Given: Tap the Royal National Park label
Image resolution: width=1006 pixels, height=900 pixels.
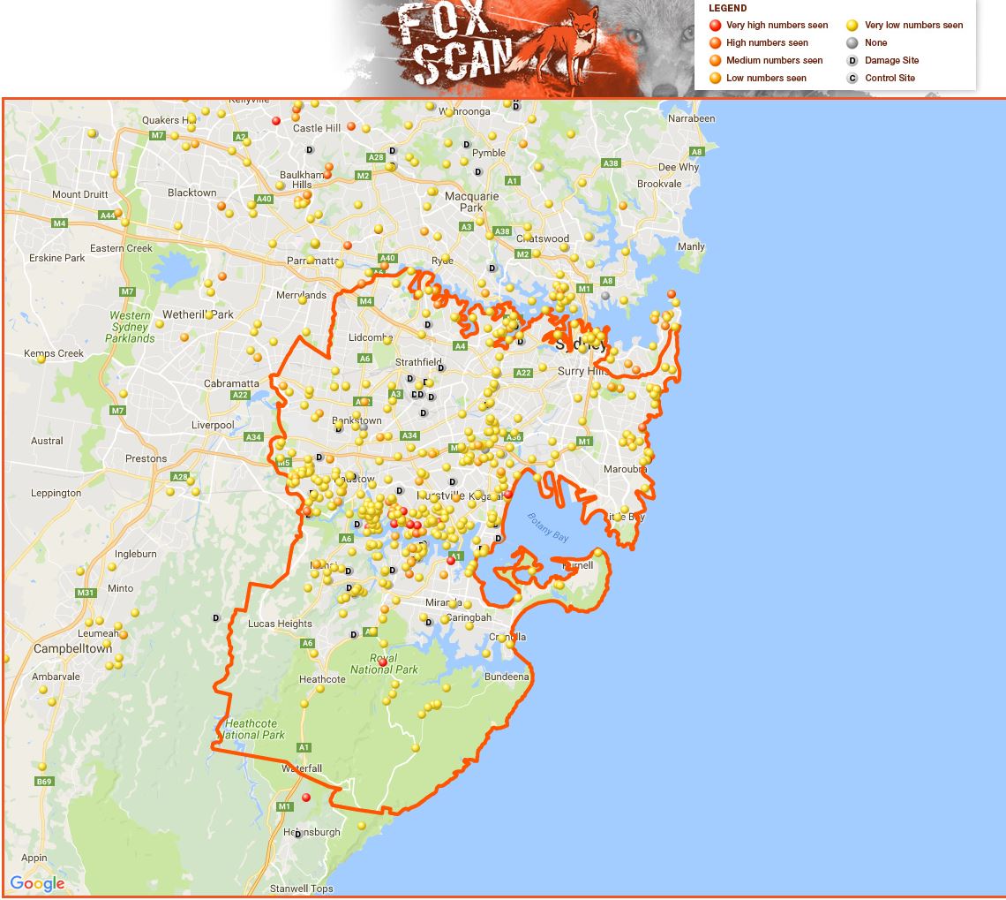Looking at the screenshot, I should point(384,663).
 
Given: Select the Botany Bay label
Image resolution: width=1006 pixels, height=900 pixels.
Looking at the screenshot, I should point(548,527).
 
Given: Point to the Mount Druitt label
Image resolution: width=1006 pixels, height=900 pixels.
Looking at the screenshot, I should point(79,194).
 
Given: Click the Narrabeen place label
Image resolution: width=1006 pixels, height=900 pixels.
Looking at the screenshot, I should point(692,118).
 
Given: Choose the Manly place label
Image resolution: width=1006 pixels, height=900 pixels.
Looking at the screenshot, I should point(691,246).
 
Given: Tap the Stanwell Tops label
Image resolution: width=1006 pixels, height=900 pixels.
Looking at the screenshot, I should point(302,889).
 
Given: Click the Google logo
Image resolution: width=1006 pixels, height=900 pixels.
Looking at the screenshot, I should point(37,883).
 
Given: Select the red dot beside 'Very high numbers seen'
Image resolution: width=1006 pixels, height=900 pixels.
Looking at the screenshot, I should point(715,26).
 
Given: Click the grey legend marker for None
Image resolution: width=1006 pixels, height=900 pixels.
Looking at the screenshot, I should point(852,42).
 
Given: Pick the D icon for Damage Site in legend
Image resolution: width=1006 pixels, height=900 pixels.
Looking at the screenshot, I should point(852,60).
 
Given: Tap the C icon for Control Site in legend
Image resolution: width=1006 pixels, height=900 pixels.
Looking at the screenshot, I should point(852,78).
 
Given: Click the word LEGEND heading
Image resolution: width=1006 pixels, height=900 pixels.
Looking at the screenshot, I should point(727,8).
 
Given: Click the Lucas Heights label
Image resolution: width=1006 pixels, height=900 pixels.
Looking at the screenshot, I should point(280,624).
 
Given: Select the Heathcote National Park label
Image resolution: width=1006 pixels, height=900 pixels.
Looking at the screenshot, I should point(254,730).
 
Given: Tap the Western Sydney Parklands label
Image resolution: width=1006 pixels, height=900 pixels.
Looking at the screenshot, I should point(131,327).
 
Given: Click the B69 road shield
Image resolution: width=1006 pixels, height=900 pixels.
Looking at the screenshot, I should point(44,782).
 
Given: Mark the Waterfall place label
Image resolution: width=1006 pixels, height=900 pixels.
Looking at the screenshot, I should point(302,768).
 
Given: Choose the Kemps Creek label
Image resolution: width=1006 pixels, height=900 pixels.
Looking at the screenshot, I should point(54,353).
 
